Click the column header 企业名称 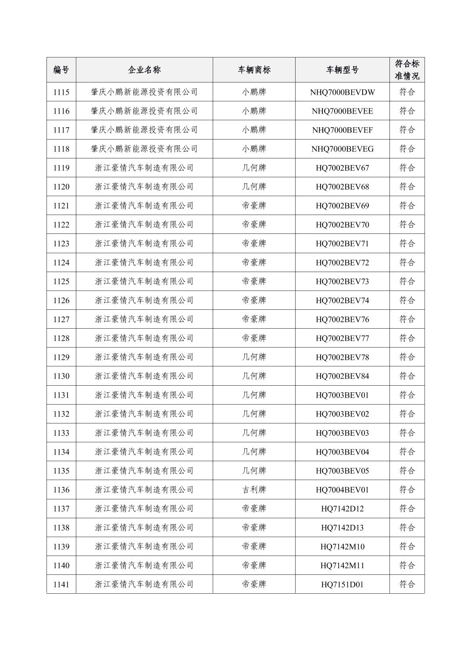pos(144,70)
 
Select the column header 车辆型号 pos(342,70)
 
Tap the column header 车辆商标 pos(254,70)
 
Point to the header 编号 pos(61,70)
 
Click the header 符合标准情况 pos(407,70)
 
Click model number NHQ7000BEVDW pos(342,92)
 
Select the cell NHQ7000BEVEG pos(342,149)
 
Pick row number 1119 pos(61,168)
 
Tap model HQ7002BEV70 pos(342,225)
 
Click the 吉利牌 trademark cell pos(254,490)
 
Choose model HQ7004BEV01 pos(342,490)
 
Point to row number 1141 pos(61,585)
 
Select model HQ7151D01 pos(342,585)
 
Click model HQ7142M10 pos(342,547)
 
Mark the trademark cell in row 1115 pos(254,92)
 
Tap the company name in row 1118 pos(144,149)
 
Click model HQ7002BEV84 pos(342,376)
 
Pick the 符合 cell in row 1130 pos(407,376)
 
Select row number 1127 pos(61,319)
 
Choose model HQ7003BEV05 pos(342,471)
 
